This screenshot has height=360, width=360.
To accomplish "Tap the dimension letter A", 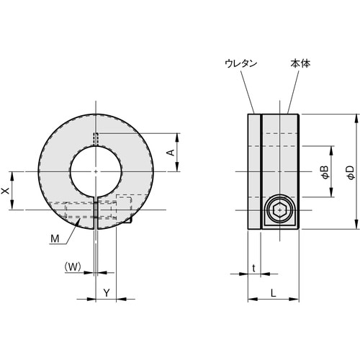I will coord(171,153).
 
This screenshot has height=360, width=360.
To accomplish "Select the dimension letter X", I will coord(6,190).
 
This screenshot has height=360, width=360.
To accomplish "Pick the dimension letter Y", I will coord(106,292).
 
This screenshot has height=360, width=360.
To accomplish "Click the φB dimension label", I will coord(324,171).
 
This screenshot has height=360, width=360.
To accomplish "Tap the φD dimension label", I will coord(350,171).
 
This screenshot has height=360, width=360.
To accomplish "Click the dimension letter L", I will coord(274,292).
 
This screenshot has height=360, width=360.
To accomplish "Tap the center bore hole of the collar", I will coord(96,171).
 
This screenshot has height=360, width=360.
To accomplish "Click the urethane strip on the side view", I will coord(254,171).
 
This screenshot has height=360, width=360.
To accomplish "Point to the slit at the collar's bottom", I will coord(96,212).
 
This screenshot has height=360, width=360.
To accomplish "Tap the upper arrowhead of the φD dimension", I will coord(357,117).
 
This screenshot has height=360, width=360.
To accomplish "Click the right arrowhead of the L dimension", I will coord(297,300).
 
